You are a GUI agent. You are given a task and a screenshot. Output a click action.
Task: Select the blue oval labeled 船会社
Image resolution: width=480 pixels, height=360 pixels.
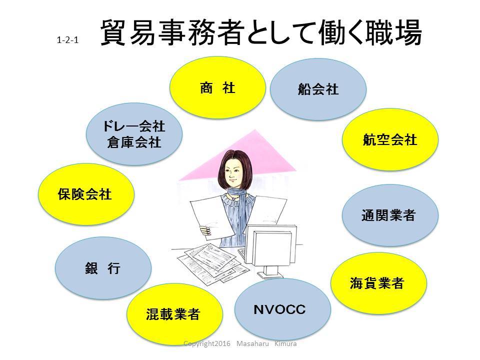click(318, 89)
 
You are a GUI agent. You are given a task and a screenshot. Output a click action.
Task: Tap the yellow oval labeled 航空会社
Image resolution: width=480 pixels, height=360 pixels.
click(390, 139)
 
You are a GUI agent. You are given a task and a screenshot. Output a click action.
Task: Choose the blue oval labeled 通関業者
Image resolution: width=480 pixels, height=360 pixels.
click(390, 215)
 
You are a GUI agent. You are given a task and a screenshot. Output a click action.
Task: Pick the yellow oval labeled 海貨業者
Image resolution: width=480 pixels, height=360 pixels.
click(378, 283)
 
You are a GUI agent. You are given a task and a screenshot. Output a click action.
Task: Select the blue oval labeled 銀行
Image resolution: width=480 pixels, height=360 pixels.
click(103, 268)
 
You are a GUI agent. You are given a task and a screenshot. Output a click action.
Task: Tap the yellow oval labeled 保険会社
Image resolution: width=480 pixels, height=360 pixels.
click(86, 194)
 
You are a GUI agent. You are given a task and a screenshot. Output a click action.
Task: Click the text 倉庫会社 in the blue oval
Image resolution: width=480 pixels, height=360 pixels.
click(134, 142)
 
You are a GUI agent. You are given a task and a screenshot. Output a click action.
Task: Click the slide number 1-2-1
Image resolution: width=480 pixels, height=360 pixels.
click(67, 40)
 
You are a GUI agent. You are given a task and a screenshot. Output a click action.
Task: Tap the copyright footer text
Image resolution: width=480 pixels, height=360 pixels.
click(240, 343)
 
